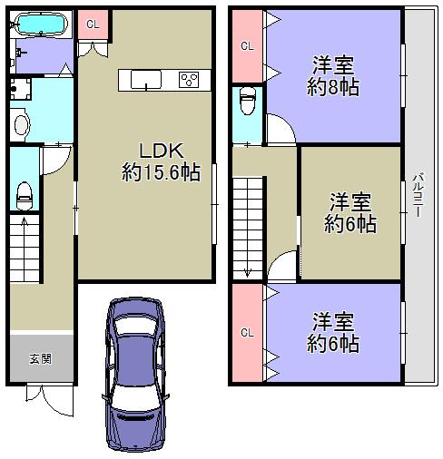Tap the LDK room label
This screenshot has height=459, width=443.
[x=162, y=151]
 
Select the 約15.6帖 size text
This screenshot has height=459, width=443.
[x=161, y=172]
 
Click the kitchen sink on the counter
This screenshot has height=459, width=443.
[x=146, y=80]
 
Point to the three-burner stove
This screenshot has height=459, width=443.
[x=189, y=80]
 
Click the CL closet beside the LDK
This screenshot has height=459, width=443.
[x=93, y=24]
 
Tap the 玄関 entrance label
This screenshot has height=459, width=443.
[x=40, y=359]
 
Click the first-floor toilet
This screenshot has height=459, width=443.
[x=25, y=196]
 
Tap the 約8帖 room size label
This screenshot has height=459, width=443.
[x=333, y=87]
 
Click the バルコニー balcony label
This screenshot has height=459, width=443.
[x=418, y=194]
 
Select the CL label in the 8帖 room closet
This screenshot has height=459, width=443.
[x=247, y=46]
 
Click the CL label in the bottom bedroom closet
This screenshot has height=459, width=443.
[x=247, y=333]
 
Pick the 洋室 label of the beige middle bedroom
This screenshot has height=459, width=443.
[x=350, y=202]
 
